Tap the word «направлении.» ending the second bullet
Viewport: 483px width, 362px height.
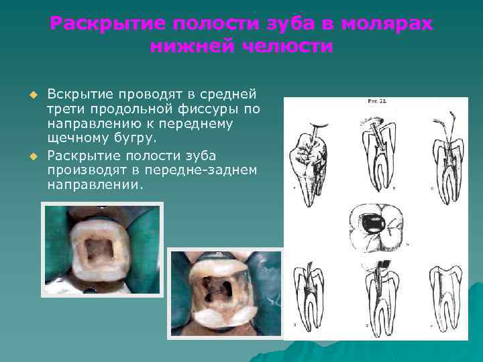click(95, 185)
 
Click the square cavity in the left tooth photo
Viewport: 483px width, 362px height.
click(101, 251)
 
